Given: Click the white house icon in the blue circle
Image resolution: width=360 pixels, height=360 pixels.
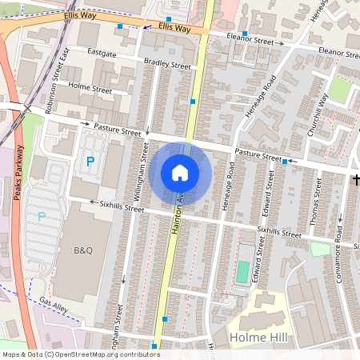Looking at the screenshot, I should point(180,173).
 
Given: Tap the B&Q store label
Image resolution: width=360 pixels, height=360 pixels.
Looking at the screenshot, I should point(84,250).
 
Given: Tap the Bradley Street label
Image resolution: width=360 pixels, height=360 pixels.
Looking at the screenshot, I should point(167,65).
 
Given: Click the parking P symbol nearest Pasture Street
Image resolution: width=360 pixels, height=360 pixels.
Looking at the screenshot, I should point(90,162).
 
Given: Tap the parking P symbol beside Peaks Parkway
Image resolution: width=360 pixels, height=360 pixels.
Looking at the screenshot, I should point(42,216).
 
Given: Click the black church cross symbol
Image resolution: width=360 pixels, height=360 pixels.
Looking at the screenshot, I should point(356,180).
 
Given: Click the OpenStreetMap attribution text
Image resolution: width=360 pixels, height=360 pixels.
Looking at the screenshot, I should point(80,354).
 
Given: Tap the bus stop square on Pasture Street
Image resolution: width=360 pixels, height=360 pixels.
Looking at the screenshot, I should point(285,162).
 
